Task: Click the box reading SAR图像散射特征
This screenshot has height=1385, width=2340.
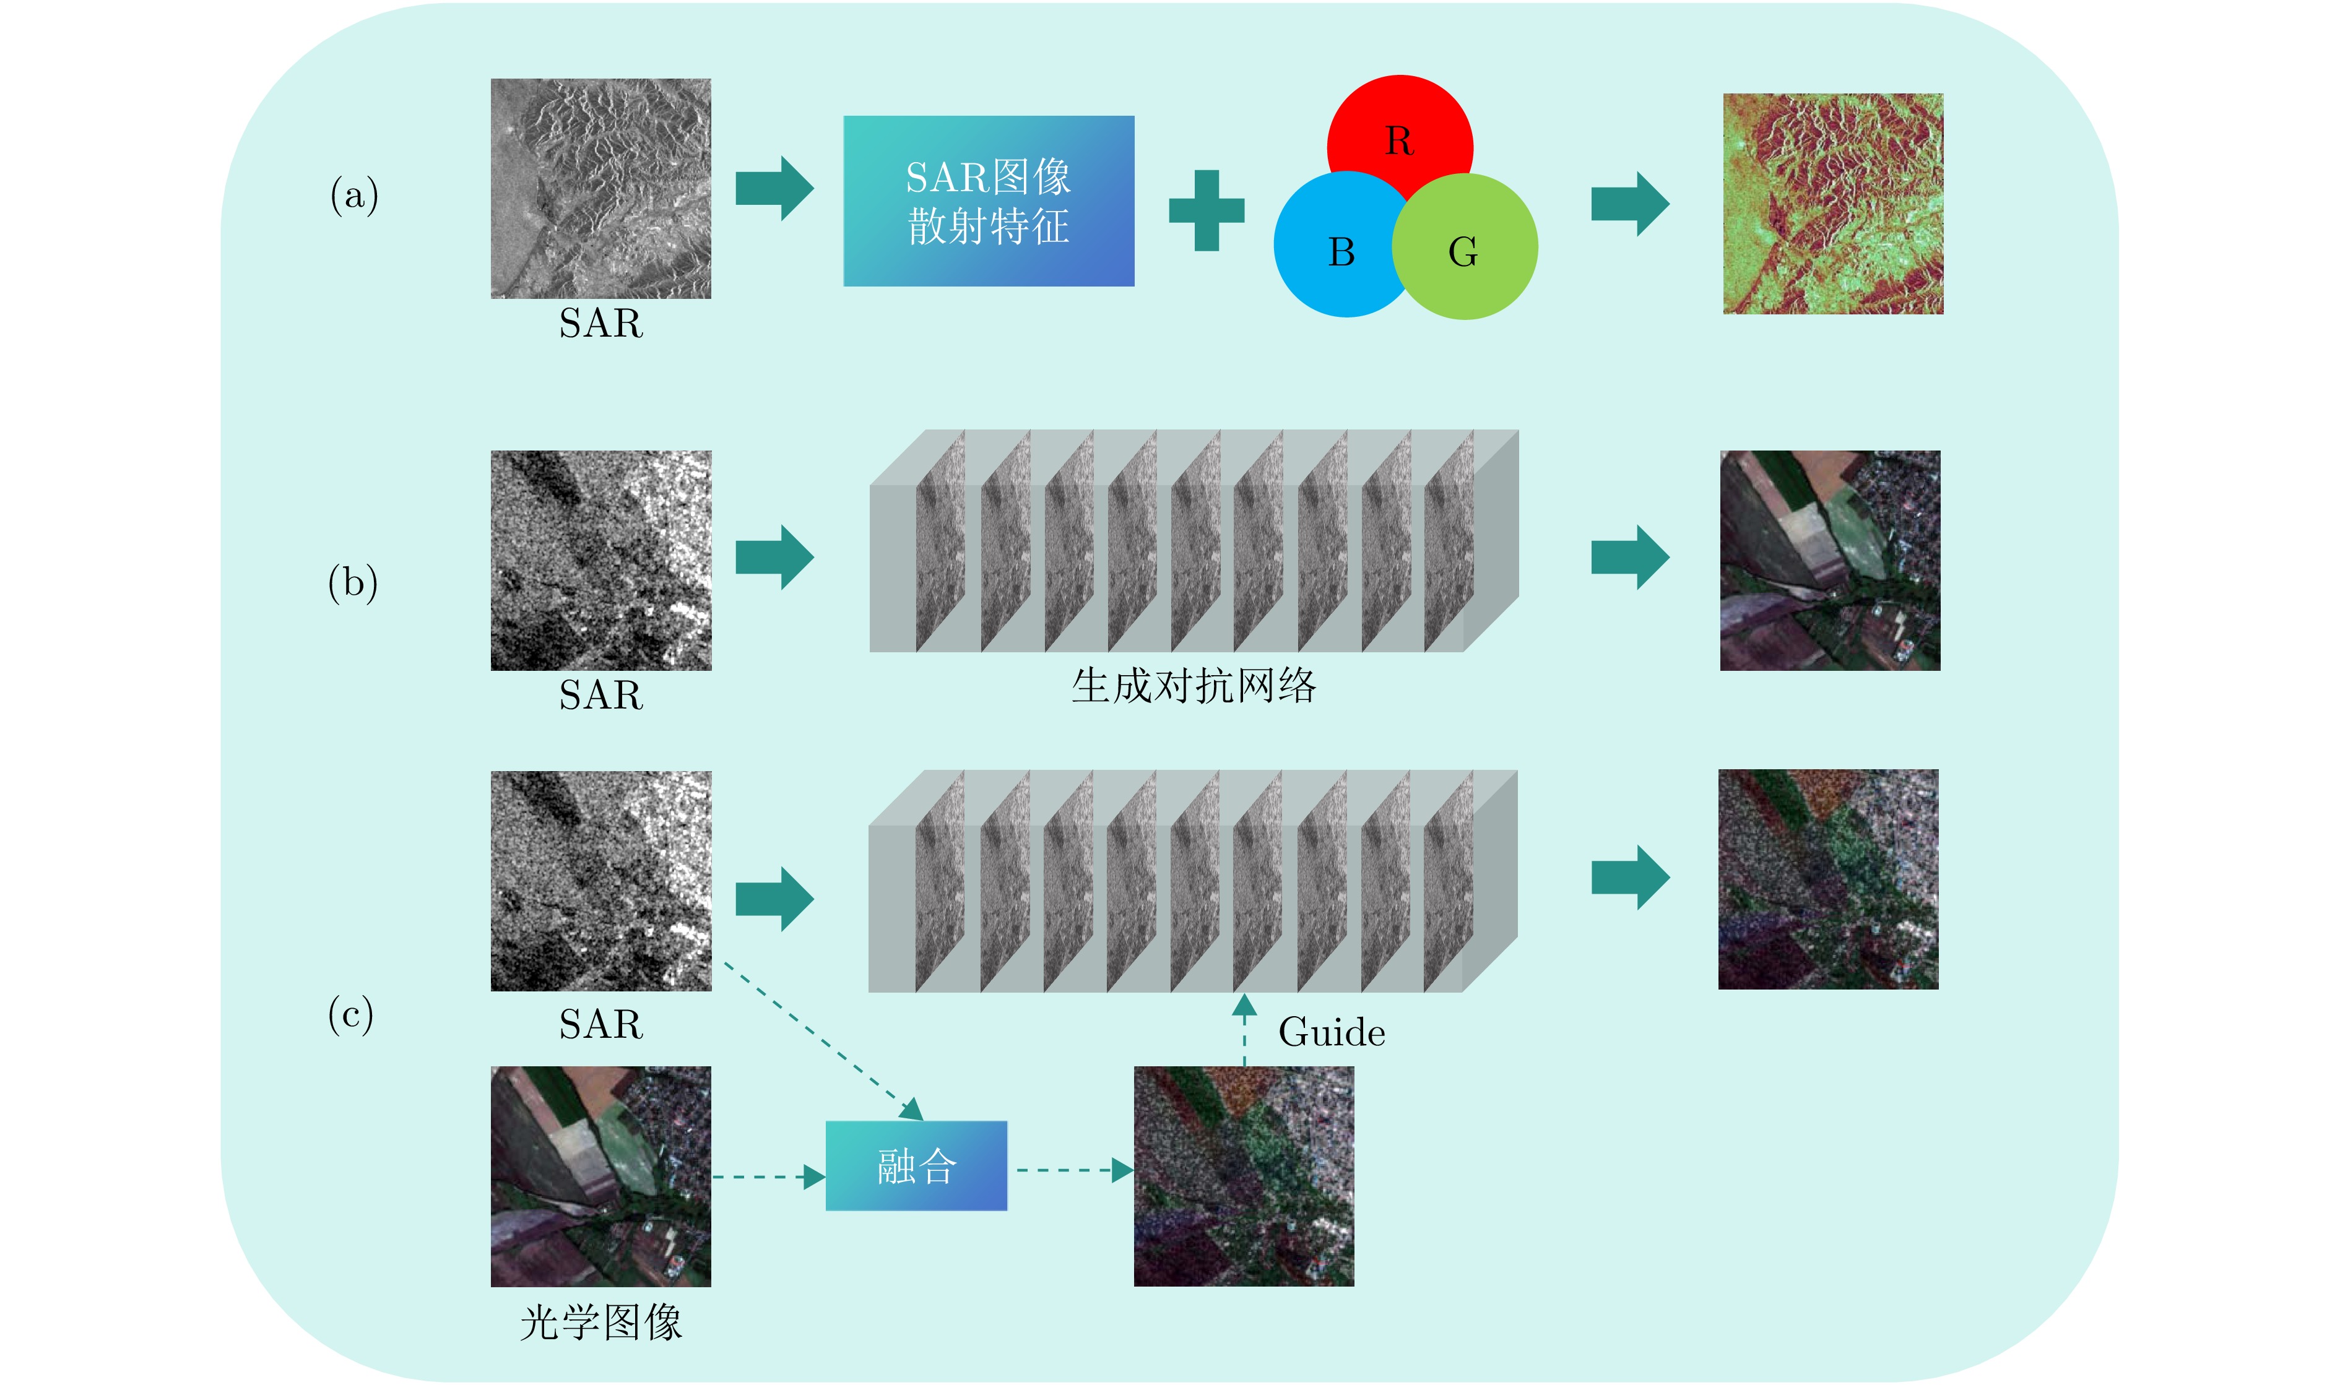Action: click(989, 201)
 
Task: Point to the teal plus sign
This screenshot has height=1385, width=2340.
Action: click(1206, 210)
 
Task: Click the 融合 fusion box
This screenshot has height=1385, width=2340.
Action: click(916, 1166)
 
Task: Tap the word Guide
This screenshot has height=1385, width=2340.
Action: click(1331, 1032)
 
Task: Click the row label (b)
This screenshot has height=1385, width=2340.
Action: click(353, 584)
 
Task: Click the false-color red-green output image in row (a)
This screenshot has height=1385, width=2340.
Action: click(1832, 204)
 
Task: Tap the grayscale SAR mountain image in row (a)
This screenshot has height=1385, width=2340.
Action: click(601, 189)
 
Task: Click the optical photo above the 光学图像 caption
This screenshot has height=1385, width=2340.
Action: click(601, 1176)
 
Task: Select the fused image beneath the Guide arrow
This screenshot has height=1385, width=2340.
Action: click(1243, 1176)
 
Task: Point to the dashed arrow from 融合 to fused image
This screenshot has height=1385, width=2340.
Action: click(1073, 1170)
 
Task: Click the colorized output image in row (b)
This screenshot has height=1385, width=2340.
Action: click(1829, 560)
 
